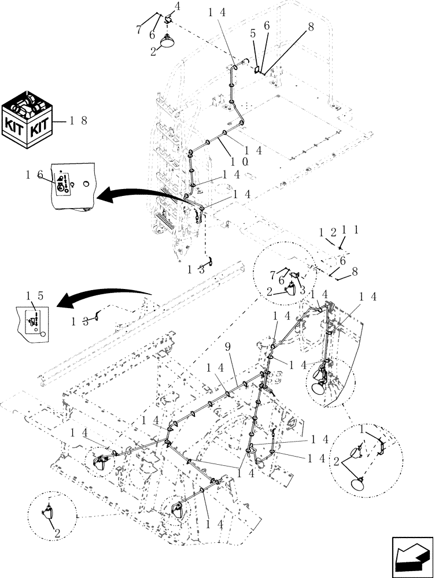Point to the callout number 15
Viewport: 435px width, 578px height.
(35, 295)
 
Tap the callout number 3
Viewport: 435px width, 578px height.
(302, 290)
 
